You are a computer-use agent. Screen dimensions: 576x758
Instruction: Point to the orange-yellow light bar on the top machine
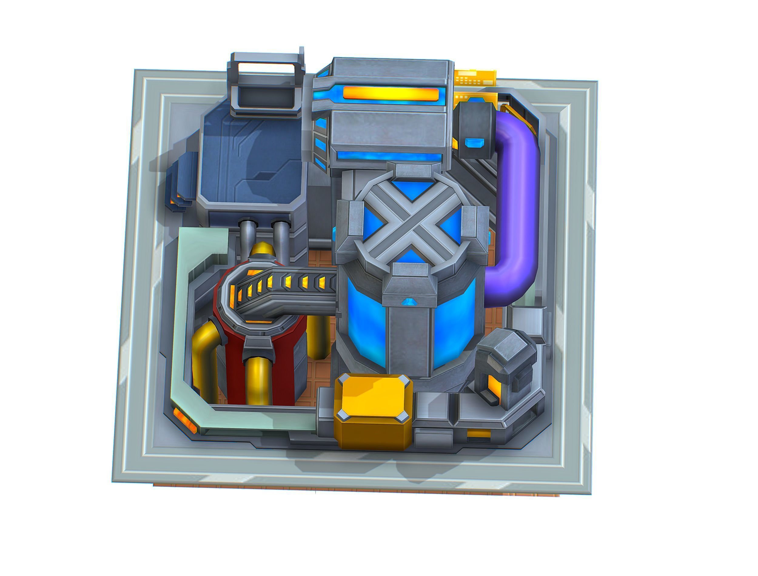coord(391,94)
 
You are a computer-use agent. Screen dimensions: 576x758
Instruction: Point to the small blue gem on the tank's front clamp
coord(408,302)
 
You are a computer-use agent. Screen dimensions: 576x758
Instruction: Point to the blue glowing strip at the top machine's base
coord(389,157)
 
